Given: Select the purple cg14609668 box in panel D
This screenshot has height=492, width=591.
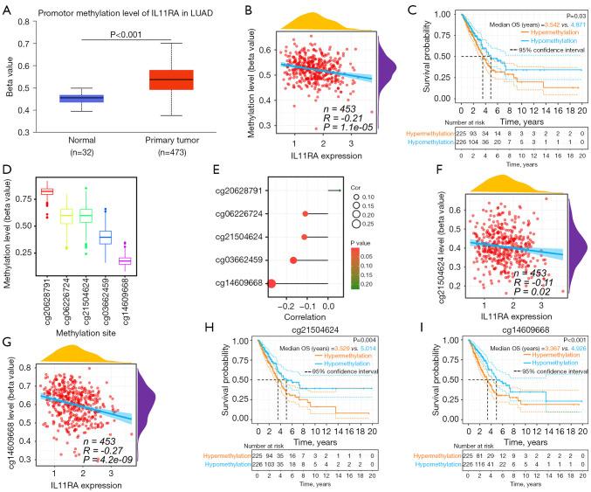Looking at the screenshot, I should pyautogui.click(x=151, y=260).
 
